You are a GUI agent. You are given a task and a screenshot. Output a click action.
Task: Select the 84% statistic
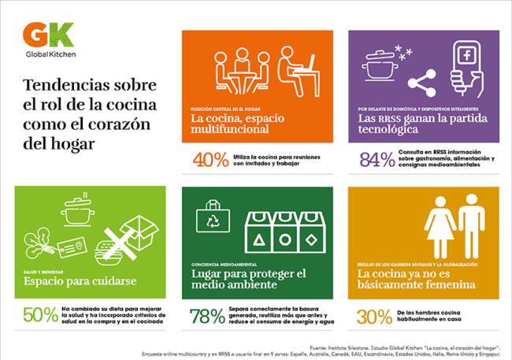pos(377,160)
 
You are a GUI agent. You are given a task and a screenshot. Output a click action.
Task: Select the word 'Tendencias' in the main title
pos(62,85)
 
